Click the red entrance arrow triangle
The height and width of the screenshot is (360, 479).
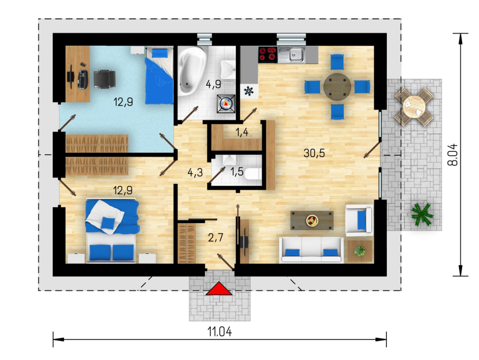219,289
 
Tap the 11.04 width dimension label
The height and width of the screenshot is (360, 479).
219,332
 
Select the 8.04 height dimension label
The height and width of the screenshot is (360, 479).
453,155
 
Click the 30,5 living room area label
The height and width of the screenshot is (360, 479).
314,153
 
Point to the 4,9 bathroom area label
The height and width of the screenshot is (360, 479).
213,84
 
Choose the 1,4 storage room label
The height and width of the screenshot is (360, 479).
242,132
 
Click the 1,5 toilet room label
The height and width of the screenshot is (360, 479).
237,172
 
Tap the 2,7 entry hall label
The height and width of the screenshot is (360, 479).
216,237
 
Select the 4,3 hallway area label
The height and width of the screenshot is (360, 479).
195,173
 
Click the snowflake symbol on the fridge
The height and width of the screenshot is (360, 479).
249,91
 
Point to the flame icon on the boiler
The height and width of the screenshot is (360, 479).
226,104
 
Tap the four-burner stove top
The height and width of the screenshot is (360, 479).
267,55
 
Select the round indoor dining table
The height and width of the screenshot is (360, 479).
337,87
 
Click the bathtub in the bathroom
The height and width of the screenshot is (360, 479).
192,71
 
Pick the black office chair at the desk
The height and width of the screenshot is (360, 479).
104,79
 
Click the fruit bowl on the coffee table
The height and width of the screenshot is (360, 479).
312,221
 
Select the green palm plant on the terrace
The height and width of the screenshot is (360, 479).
422,214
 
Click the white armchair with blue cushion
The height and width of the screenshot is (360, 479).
359,220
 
